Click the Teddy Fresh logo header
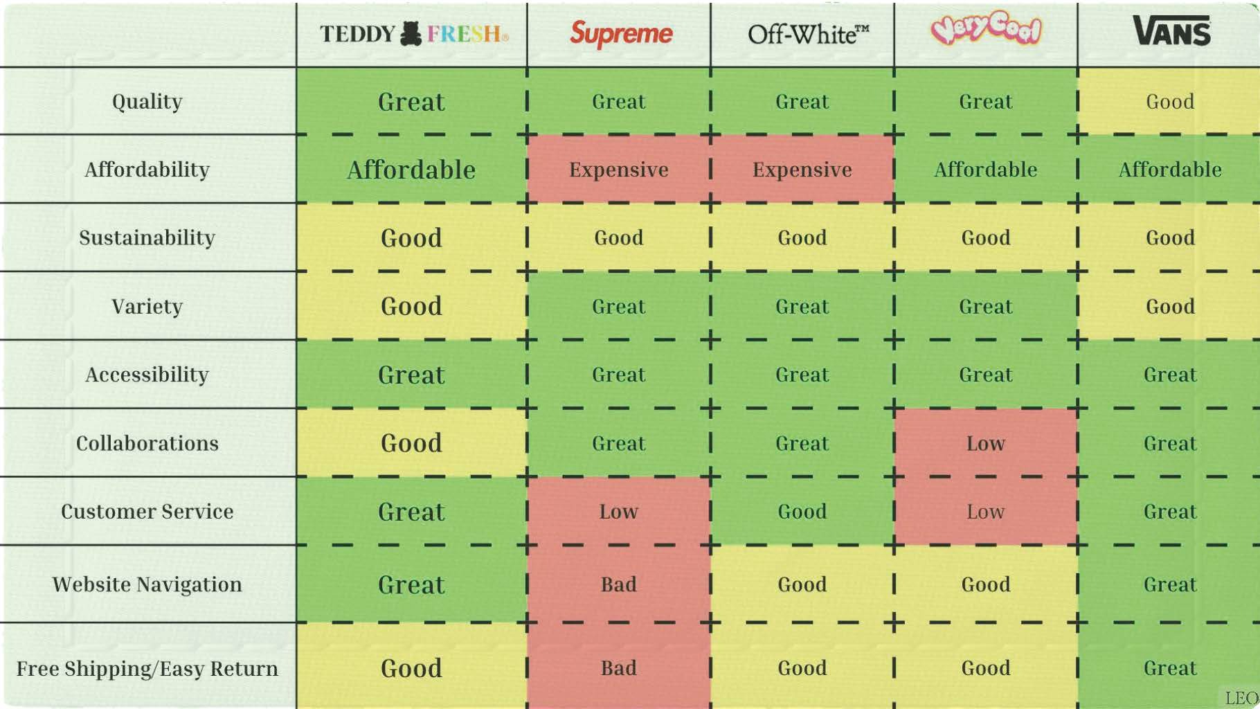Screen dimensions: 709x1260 (x=413, y=34)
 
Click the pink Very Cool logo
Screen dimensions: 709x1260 (x=986, y=29)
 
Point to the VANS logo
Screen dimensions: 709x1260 (x=1171, y=31)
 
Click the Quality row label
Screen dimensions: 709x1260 (x=147, y=102)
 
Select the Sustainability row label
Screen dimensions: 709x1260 (x=147, y=238)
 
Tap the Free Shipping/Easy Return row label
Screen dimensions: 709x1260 (x=147, y=669)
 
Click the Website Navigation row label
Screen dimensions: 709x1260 (x=147, y=585)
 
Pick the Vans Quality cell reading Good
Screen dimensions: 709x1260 (x=1170, y=102)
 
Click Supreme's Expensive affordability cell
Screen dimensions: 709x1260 (x=619, y=170)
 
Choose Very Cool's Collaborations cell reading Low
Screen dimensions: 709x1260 (x=986, y=443)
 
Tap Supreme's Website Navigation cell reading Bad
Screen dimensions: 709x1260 (x=619, y=585)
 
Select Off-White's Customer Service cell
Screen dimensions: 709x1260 (x=802, y=512)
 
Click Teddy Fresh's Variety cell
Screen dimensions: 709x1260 (x=411, y=306)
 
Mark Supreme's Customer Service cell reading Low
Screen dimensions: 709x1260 (x=619, y=512)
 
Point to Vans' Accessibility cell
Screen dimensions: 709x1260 (x=1170, y=375)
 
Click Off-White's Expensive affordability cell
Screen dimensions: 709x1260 (x=802, y=170)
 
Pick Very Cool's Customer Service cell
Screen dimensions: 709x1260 (x=986, y=512)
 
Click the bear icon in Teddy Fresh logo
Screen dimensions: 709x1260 (x=411, y=33)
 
